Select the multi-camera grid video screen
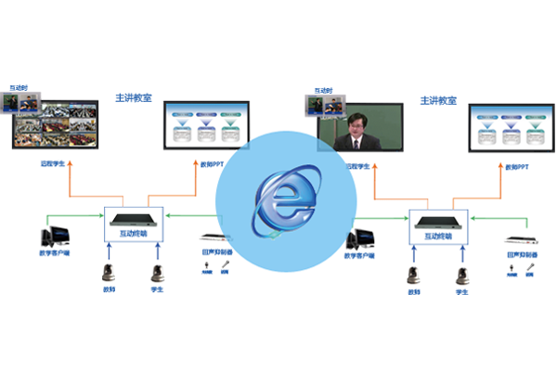point(56,122)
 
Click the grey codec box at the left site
point(130,221)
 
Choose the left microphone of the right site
point(409,270)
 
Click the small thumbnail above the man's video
point(324,97)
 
